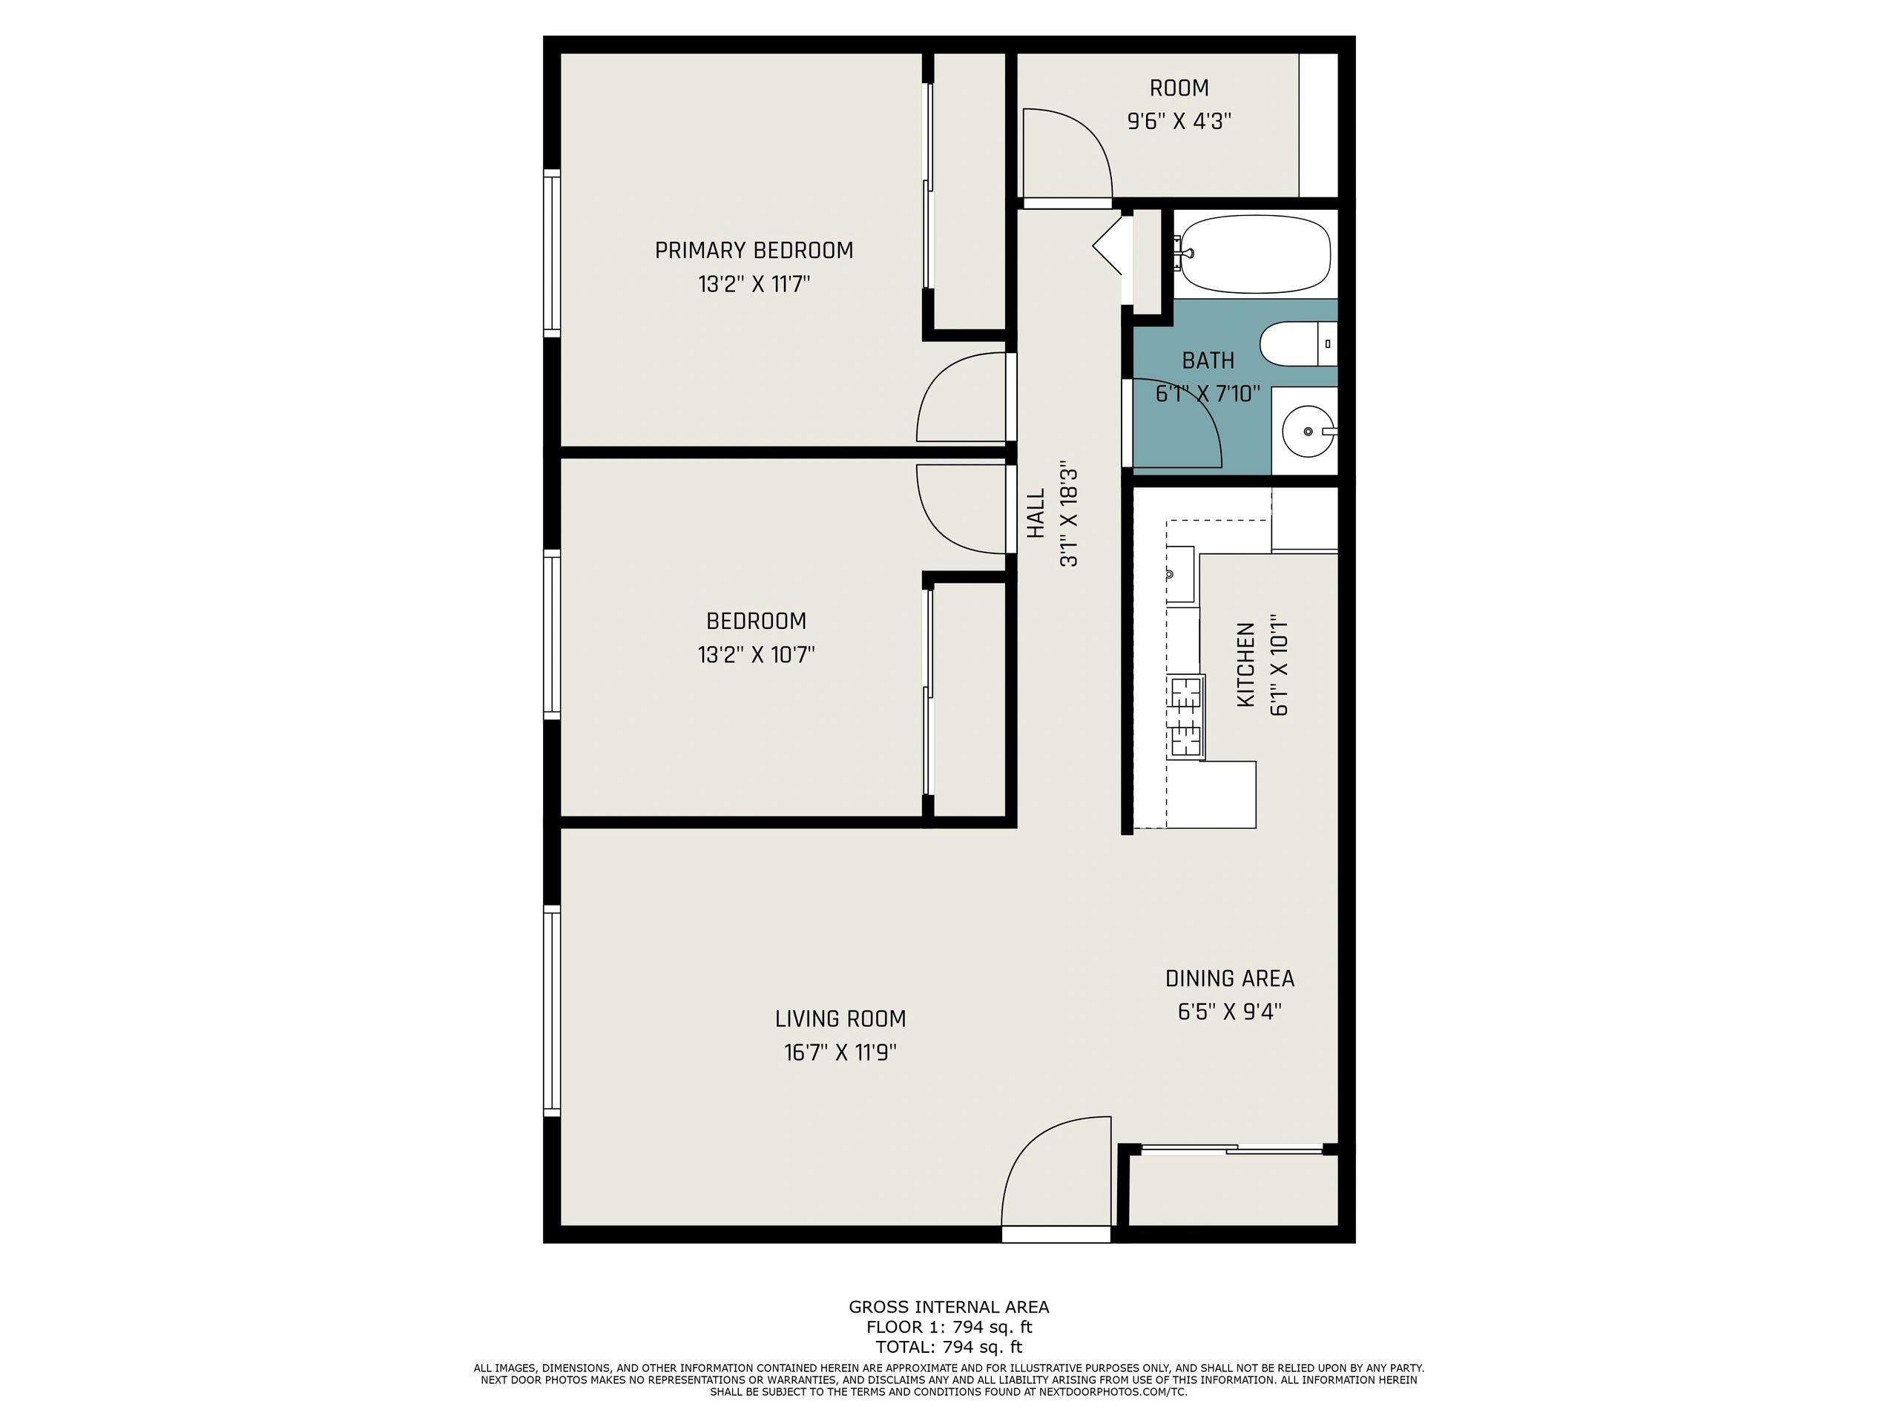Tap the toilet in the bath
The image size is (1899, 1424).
pos(1298,343)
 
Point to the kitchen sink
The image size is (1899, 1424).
pos(1180,573)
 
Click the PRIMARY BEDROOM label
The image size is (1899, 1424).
pos(754,251)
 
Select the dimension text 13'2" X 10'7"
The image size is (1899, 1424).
pos(755,655)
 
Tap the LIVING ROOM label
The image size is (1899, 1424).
pos(840,1019)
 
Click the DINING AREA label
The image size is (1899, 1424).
pos(1229,978)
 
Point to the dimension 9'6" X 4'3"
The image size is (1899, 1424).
pos(1179,121)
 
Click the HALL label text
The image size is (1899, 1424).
pos(1037,513)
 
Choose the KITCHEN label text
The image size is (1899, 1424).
pos(1245,665)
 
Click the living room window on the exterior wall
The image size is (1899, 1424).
pos(552,1010)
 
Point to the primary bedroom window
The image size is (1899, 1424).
pos(552,252)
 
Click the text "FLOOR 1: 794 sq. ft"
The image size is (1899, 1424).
pos(949,1327)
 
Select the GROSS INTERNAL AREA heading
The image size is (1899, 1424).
pos(949,1306)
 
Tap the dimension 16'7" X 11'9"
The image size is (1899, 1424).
pos(840,1052)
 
